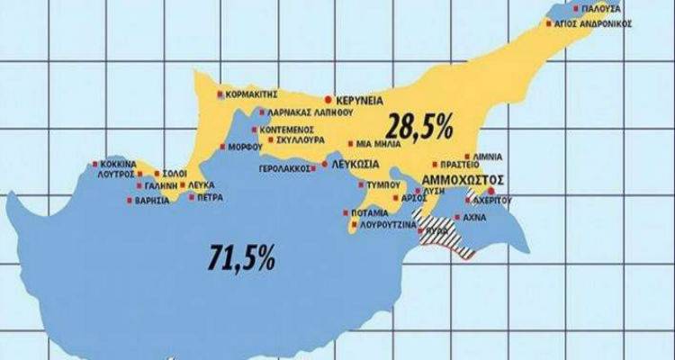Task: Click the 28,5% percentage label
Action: [x=420, y=126]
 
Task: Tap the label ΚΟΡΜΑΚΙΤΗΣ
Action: [x=253, y=94]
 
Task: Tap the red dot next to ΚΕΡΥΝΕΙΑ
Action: [x=328, y=99]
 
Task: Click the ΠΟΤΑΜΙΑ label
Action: [x=371, y=213]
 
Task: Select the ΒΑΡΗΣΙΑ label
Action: [x=151, y=201]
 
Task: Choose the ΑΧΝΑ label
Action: [x=481, y=217]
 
